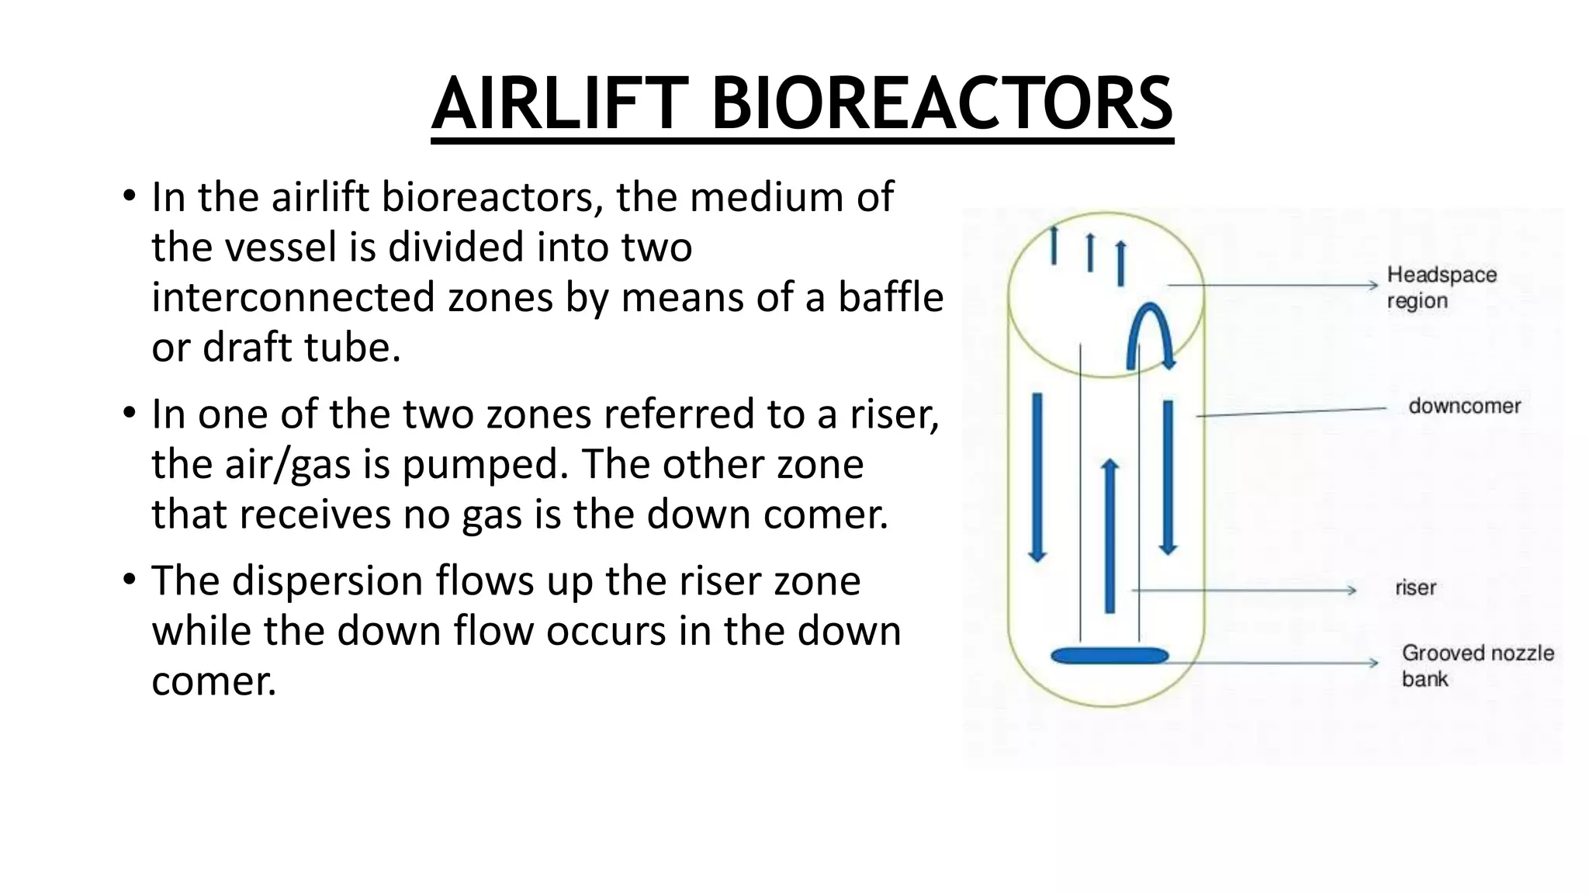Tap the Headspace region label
tap(1441, 287)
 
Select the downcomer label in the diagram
tap(1464, 406)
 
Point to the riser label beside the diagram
tap(1415, 587)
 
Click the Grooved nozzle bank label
tap(1476, 665)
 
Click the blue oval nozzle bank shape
tap(1109, 656)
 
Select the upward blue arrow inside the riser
tap(1110, 535)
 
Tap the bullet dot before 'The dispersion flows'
tap(129, 579)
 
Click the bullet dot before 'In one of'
tap(129, 412)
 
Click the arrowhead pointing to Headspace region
tap(1373, 286)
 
